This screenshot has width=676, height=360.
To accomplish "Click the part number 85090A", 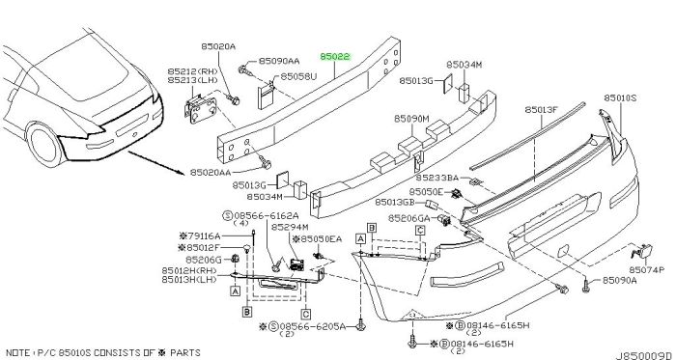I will pyautogui.click(x=619, y=281).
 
